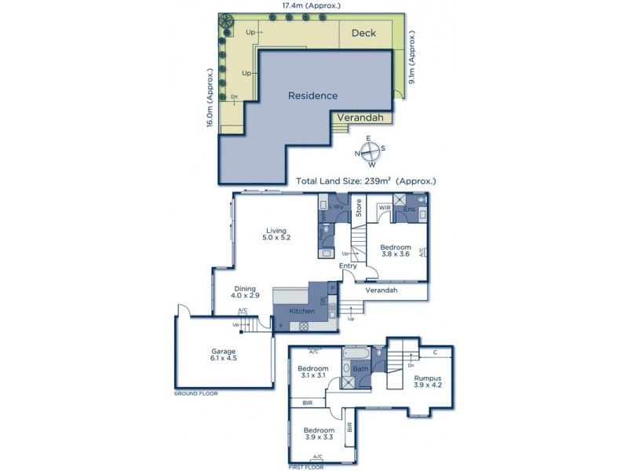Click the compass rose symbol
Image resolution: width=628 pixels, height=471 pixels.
point(370,152)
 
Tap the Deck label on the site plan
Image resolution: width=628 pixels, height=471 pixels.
point(363,33)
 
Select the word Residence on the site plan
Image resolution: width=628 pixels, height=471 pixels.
point(312,96)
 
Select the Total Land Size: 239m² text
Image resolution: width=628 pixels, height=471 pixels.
point(366,181)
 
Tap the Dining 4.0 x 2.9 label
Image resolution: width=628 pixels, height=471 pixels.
point(247,292)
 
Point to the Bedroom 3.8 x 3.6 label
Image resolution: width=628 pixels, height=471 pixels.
point(396,251)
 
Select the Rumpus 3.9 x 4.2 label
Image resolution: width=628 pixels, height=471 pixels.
point(428,382)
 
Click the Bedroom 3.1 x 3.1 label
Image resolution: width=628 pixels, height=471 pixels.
point(312,371)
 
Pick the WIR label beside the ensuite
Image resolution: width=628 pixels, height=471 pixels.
point(385,208)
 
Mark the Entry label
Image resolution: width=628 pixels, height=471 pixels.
point(348,266)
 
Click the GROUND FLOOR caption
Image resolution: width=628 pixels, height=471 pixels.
point(195,393)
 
